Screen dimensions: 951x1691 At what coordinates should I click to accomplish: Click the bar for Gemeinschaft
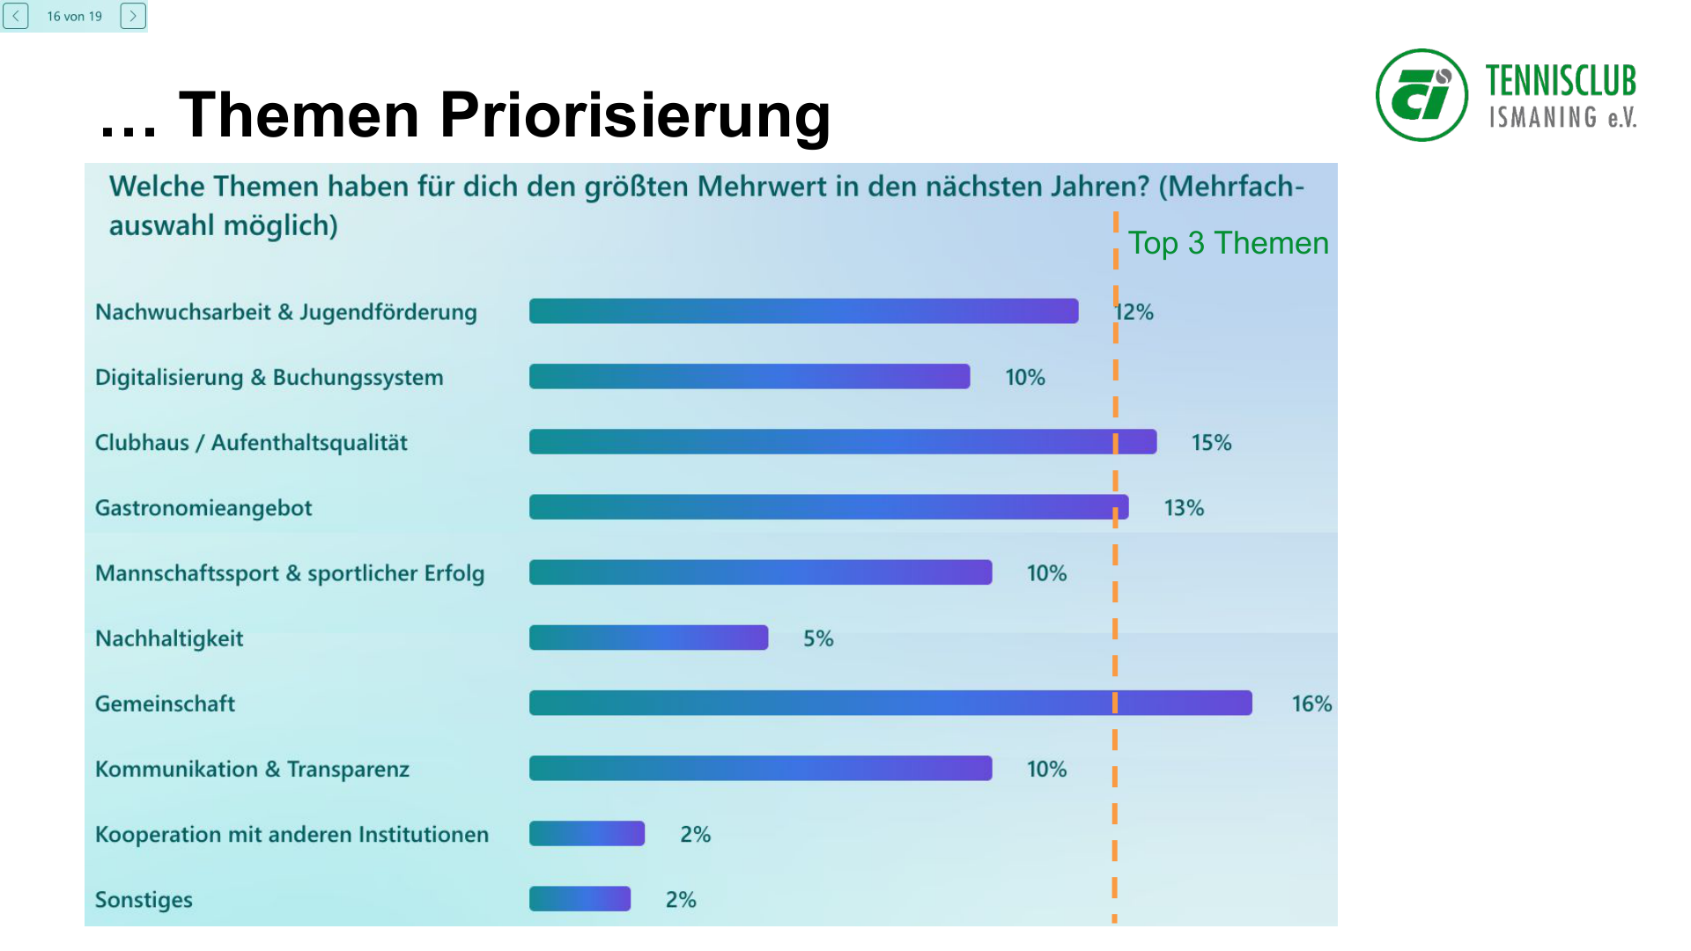point(890,703)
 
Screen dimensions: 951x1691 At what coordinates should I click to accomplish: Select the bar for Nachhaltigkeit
point(648,638)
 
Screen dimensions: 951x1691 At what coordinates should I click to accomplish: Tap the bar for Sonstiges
point(580,899)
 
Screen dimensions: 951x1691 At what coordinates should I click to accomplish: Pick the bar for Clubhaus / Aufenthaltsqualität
point(842,442)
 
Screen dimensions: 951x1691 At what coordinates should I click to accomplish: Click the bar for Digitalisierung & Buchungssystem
point(749,377)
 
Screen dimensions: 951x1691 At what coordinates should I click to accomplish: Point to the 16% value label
point(1311,704)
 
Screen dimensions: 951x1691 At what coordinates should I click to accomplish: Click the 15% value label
point(1211,443)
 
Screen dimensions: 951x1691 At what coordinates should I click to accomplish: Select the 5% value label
point(818,638)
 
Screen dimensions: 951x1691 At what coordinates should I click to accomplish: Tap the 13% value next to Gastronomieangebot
point(1184,508)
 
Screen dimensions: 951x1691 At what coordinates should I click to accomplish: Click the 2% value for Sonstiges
point(681,900)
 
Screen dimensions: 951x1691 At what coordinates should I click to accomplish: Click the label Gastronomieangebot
point(203,508)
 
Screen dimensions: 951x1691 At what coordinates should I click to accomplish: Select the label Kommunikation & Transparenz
point(252,769)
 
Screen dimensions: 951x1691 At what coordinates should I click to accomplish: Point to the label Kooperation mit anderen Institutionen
point(292,834)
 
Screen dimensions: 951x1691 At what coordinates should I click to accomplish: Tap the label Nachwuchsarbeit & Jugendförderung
point(285,312)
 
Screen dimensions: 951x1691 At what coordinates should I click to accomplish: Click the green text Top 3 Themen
point(1228,243)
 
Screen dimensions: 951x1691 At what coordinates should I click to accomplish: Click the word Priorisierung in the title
point(634,115)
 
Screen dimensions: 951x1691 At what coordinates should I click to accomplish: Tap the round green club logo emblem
point(1421,95)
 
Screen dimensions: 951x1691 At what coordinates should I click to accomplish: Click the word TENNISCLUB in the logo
point(1560,81)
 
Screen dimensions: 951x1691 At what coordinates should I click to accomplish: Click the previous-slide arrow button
point(16,16)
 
